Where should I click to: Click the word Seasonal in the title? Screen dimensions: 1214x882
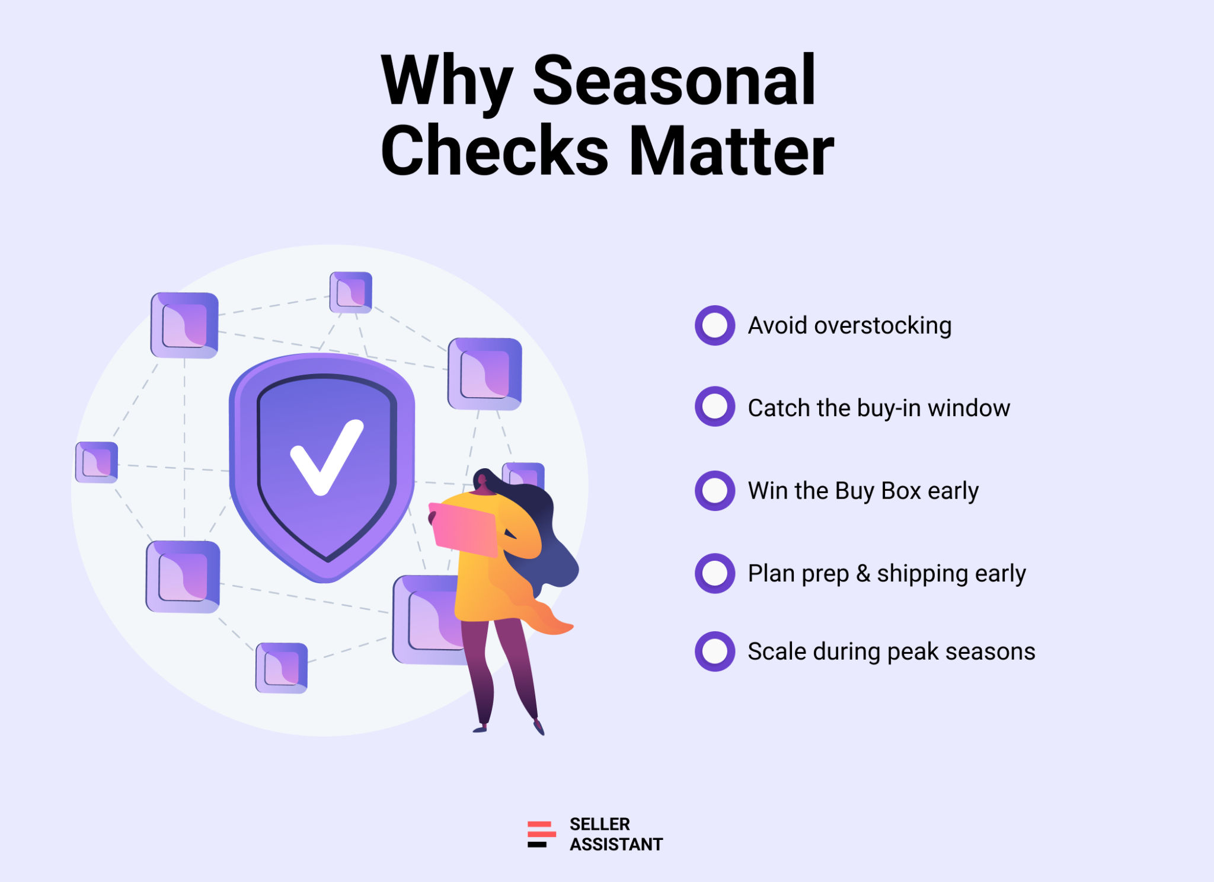pyautogui.click(x=674, y=80)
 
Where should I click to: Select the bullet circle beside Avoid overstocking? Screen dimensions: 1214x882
pyautogui.click(x=715, y=325)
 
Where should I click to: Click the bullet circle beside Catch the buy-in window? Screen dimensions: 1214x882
pyautogui.click(x=715, y=407)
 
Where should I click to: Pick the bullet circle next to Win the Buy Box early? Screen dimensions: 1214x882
pyautogui.click(x=715, y=491)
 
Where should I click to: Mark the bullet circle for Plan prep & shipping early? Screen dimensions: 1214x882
pyautogui.click(x=715, y=573)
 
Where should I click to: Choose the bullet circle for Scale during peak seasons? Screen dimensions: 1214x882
pyautogui.click(x=715, y=651)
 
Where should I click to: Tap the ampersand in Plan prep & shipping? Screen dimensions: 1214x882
pyautogui.click(x=863, y=574)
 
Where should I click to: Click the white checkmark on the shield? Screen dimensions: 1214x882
pyautogui.click(x=326, y=457)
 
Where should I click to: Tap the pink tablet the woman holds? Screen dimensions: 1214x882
pyautogui.click(x=464, y=529)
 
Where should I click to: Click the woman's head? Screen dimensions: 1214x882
pyautogui.click(x=483, y=480)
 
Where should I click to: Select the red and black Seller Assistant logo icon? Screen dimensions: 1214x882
pyautogui.click(x=541, y=834)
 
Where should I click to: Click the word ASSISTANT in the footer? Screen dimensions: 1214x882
pyautogui.click(x=616, y=844)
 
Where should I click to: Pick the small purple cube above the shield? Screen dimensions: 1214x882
pyautogui.click(x=351, y=292)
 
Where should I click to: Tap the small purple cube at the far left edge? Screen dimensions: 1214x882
pyautogui.click(x=97, y=462)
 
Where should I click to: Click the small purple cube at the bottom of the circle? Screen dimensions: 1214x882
pyautogui.click(x=282, y=668)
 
